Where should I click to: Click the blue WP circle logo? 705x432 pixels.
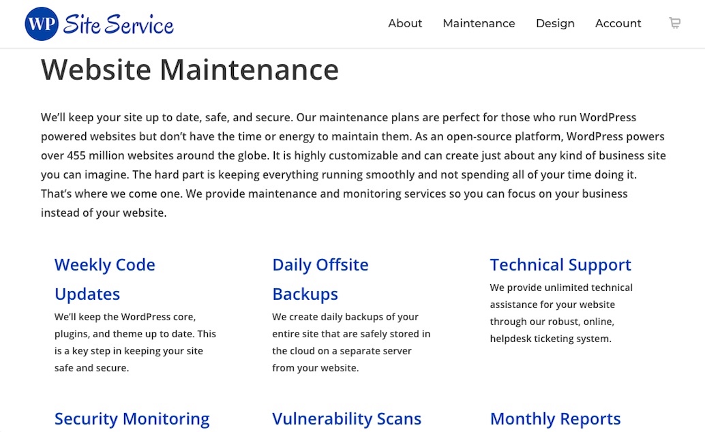[42, 24]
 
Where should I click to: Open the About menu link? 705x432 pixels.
[405, 23]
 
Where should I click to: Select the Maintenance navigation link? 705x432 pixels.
[479, 23]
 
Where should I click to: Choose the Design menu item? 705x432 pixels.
[555, 24]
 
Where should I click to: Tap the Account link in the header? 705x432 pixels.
[618, 23]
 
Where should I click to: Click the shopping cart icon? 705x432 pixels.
[674, 22]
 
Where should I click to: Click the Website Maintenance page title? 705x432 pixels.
[190, 70]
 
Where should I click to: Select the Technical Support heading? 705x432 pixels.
[560, 265]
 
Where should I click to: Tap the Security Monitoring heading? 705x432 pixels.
[132, 419]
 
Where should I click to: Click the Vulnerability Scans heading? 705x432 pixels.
[346, 419]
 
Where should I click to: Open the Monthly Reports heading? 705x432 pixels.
[555, 419]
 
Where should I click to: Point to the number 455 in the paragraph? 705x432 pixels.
[76, 155]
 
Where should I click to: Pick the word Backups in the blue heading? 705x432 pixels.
[305, 294]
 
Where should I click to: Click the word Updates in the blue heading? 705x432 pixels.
[87, 294]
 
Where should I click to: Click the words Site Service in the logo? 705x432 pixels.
[118, 25]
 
